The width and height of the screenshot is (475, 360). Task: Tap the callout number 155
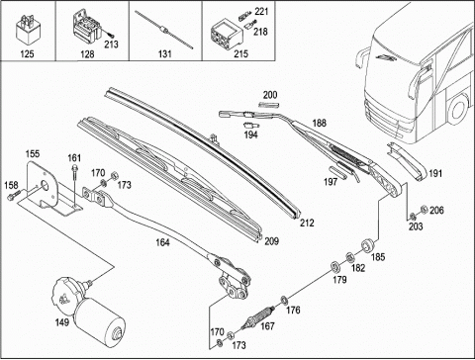click(x=33, y=153)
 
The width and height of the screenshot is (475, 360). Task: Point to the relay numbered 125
click(x=28, y=31)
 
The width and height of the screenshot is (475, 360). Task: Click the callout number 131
click(x=165, y=53)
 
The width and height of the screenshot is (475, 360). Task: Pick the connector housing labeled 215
click(x=227, y=34)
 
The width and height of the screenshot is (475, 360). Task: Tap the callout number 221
click(x=261, y=12)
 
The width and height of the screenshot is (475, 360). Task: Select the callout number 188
click(x=319, y=123)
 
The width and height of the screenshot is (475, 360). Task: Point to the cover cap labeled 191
click(x=409, y=161)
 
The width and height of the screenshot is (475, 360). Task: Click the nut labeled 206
click(x=425, y=210)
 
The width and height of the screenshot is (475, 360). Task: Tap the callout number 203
click(x=416, y=226)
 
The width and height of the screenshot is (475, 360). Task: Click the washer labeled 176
click(x=284, y=301)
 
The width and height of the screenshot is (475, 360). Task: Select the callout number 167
click(x=267, y=326)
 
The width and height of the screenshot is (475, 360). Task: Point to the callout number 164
click(x=162, y=242)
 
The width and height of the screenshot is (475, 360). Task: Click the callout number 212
click(x=307, y=224)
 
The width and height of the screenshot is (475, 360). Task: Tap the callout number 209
click(x=271, y=241)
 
